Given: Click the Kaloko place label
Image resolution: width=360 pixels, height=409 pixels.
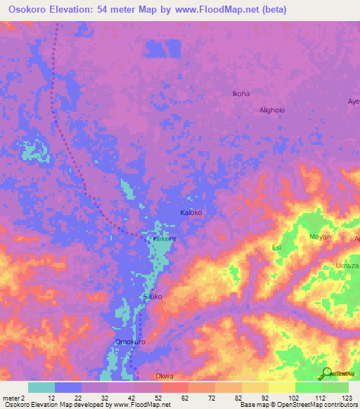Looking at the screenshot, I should point(191,212).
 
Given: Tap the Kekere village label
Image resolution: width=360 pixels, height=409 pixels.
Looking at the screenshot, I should point(164,240).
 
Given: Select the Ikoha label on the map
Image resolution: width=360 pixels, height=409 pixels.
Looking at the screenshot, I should point(241,93).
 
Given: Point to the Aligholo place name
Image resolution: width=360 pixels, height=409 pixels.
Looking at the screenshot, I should point(272,110).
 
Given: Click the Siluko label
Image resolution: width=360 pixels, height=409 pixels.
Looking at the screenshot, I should point(153,297).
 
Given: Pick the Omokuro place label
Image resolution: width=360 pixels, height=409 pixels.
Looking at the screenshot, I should point(130,342).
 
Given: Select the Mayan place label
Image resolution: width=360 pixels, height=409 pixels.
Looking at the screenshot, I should point(320,237).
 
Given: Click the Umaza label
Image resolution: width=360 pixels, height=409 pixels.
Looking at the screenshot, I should point(347,265).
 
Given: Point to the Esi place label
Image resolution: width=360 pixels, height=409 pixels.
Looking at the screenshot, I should point(276,247).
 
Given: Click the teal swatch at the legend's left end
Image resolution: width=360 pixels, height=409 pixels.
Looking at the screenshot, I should point(41,387).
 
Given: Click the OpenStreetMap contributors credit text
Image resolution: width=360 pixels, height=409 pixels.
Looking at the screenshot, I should point(310,405).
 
